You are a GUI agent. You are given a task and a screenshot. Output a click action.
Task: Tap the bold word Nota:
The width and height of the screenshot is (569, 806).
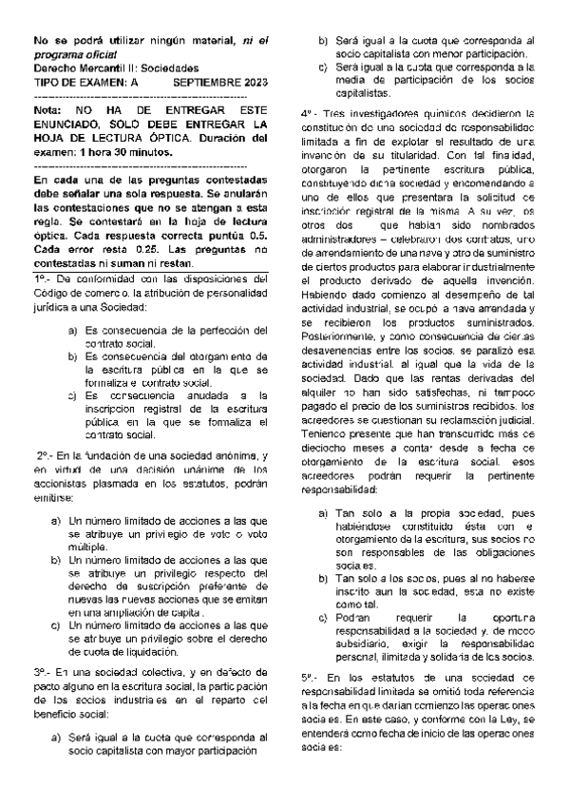pyautogui.click(x=47, y=110)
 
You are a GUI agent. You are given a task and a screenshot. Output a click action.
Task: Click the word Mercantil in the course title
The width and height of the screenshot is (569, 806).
pyautogui.click(x=98, y=69)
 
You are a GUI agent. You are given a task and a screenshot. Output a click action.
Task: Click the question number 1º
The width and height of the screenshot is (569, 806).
pyautogui.click(x=42, y=278)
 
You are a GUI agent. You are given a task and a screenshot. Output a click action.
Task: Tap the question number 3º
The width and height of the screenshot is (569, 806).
pyautogui.click(x=42, y=671)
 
